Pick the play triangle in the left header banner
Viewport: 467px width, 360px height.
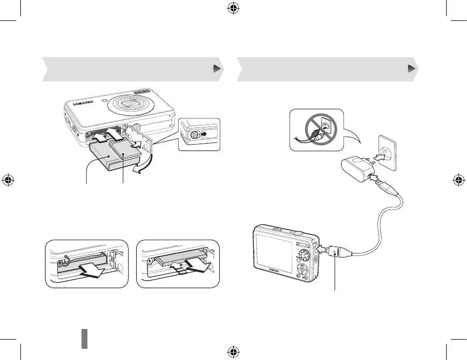coord(216,69)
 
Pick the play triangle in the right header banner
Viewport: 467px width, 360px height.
coord(411,69)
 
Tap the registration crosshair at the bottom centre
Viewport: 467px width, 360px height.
coord(233,351)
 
